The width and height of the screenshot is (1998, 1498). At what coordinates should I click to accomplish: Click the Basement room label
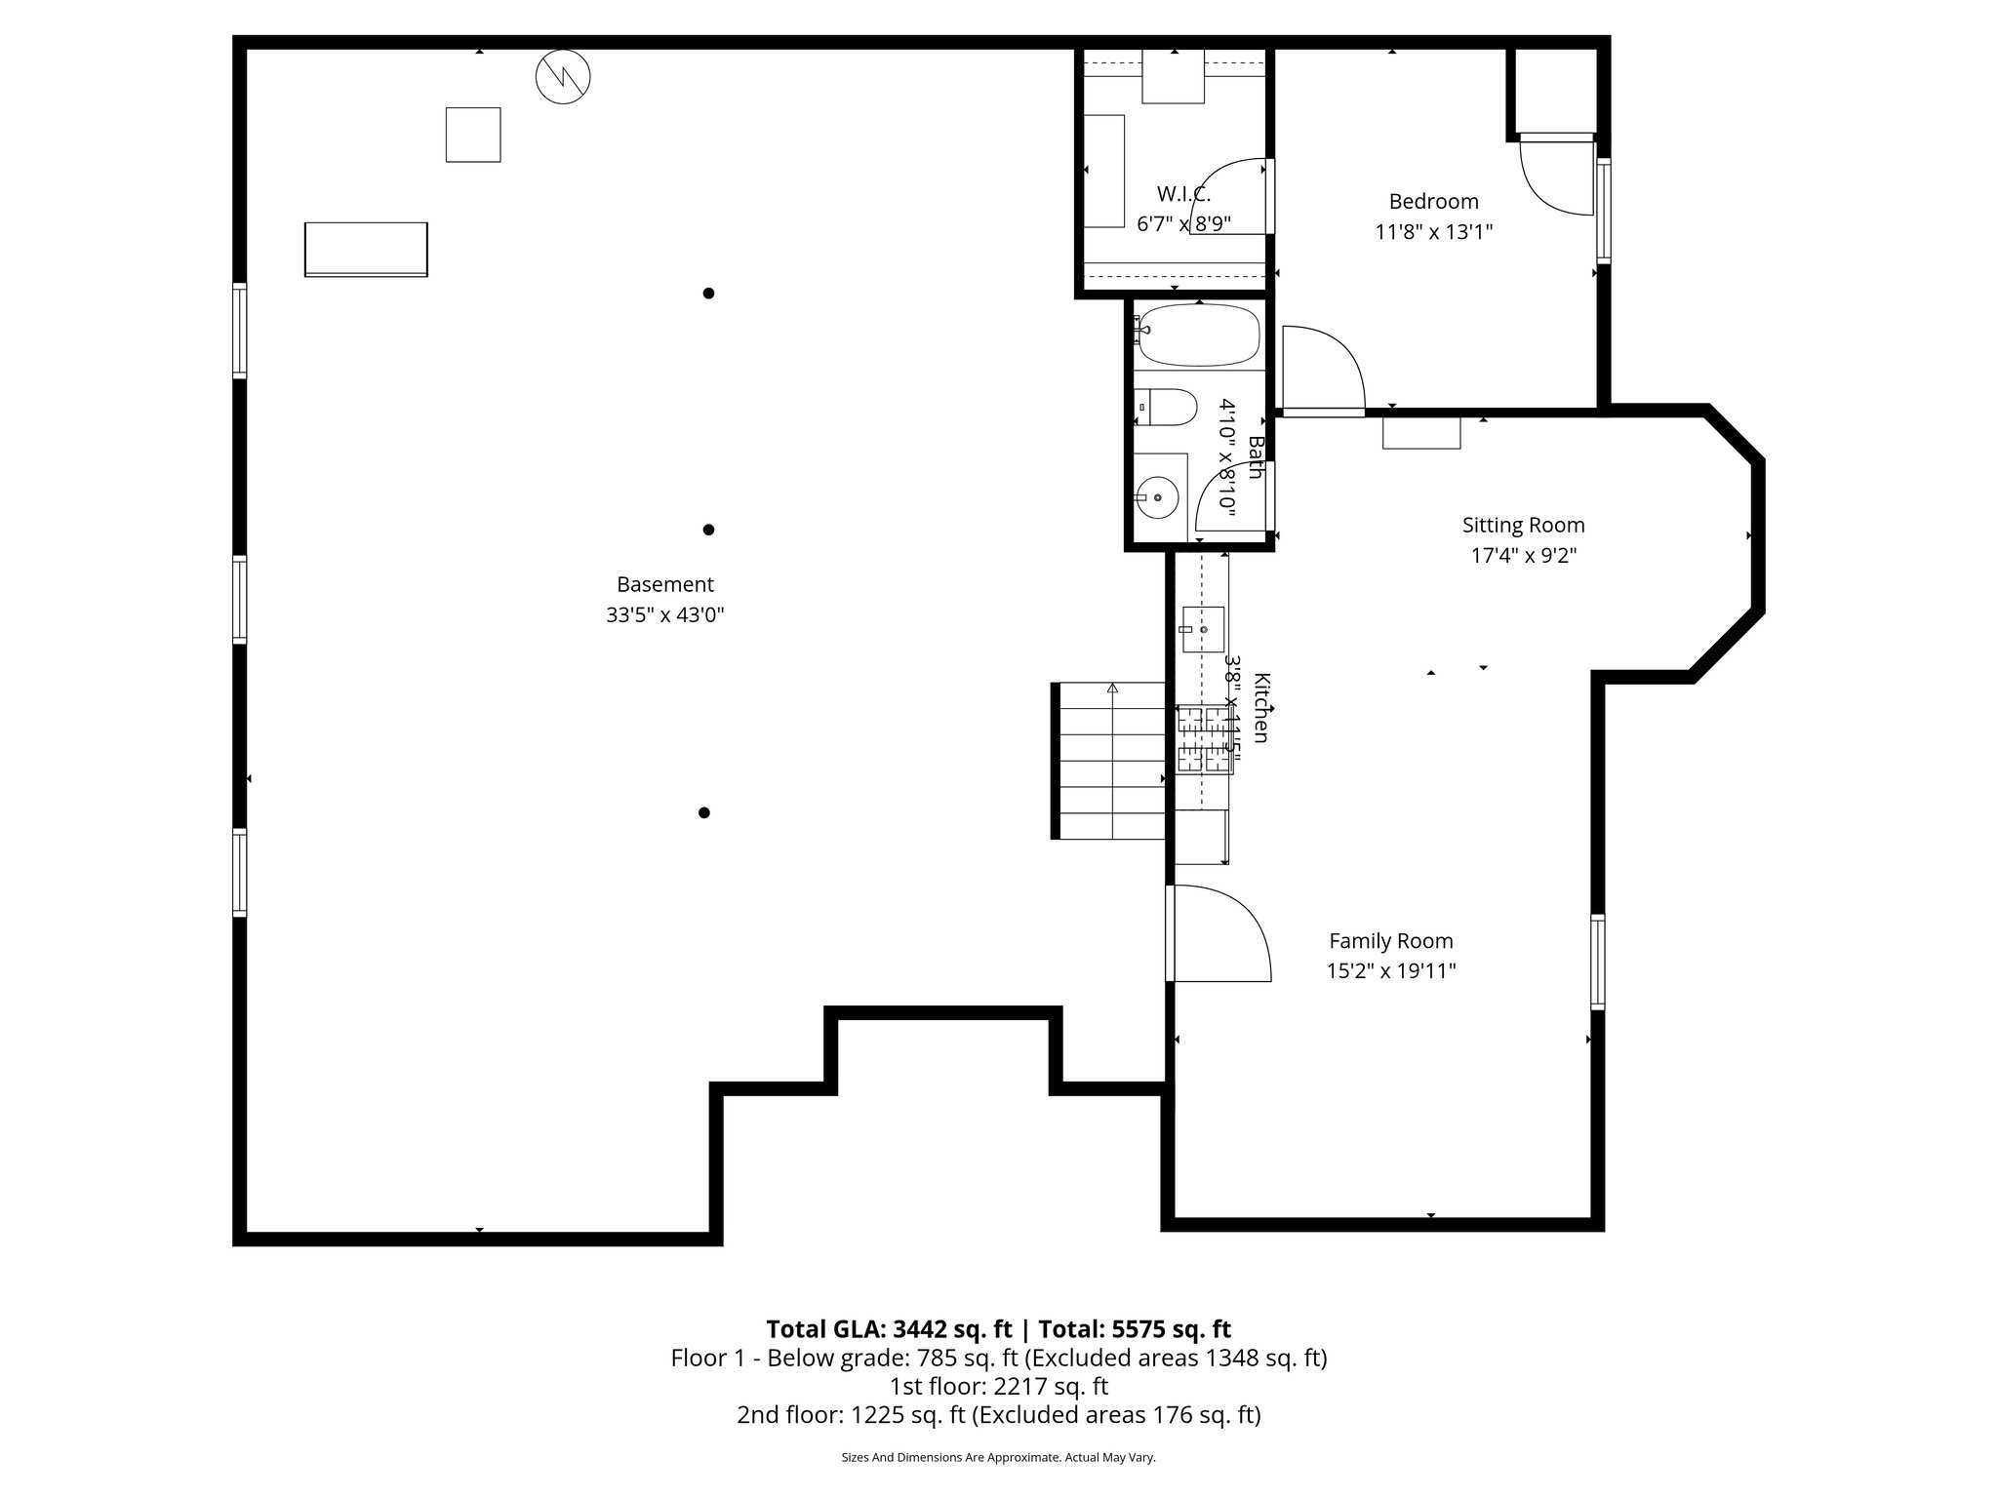664,584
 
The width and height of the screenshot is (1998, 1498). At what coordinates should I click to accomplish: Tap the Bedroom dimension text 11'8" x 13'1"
1434,232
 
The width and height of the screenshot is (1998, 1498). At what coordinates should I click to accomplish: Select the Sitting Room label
1523,525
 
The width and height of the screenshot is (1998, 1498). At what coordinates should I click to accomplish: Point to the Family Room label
1390,941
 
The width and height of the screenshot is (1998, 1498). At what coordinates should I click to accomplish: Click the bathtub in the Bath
1198,335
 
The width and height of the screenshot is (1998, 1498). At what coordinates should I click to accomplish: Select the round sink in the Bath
1157,497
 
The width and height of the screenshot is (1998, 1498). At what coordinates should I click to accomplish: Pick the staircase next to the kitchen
1110,761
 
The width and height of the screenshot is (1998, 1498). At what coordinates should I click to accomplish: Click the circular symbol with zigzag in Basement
564,76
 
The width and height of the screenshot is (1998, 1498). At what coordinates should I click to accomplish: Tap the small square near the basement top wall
473,135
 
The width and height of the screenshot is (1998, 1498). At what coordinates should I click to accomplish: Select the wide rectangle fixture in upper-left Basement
366,250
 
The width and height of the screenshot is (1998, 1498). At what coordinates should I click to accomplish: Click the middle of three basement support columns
708,530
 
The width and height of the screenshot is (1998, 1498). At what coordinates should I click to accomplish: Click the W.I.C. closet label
1183,193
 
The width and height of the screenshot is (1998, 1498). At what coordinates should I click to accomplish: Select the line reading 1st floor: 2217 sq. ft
998,1386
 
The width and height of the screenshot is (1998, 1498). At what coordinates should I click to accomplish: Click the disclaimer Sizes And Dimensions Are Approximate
998,1457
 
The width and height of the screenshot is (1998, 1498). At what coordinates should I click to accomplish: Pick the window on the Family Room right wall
1597,961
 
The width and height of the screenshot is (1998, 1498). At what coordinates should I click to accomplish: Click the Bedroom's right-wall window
1603,211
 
